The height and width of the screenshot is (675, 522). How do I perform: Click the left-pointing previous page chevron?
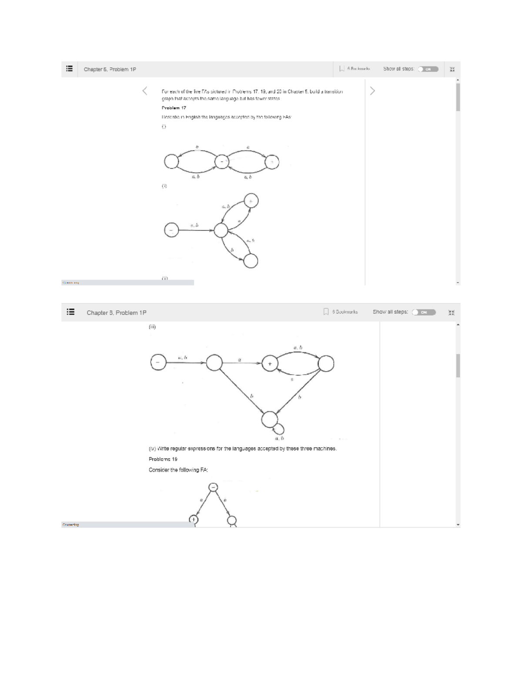pos(145,91)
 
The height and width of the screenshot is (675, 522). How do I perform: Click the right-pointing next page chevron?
pos(372,91)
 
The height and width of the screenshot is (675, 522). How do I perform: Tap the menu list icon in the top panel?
pos(69,69)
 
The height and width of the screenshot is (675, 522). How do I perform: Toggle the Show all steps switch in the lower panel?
pos(424,312)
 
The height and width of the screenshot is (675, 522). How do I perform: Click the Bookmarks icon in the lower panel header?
pos(326,312)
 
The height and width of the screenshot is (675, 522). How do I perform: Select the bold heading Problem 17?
pos(174,108)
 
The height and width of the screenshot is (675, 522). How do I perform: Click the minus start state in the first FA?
pos(222,162)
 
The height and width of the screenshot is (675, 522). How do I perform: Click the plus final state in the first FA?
pos(272,162)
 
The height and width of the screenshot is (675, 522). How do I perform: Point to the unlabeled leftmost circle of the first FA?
pos(171,162)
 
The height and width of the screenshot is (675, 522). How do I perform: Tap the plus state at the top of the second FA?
pos(251,201)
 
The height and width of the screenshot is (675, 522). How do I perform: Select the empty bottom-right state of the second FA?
pos(251,261)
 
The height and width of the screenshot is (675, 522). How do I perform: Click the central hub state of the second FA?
pos(221,229)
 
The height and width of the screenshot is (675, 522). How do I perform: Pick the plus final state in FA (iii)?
pos(269,363)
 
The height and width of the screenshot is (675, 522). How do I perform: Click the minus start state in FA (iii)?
pos(158,362)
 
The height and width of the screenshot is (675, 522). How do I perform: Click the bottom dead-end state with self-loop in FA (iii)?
pos(269,419)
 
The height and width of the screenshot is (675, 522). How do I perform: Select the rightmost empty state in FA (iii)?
pos(326,363)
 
